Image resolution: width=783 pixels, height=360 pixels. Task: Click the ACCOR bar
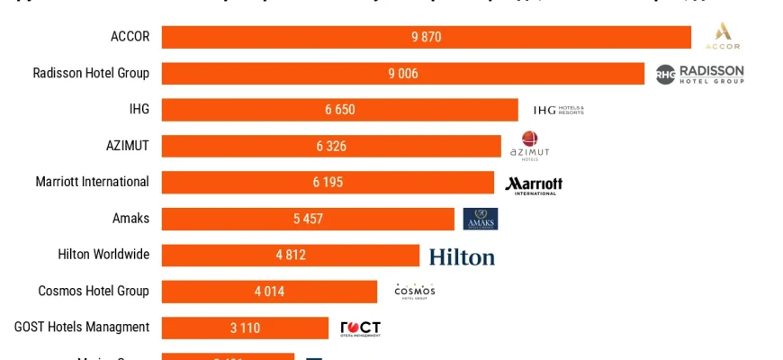coord(426,37)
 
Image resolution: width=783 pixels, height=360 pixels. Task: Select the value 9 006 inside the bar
coord(403,74)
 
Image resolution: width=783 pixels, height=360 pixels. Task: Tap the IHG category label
coord(139,109)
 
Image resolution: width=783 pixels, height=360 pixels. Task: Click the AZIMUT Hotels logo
coord(529,146)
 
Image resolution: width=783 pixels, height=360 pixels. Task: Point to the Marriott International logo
coord(534,184)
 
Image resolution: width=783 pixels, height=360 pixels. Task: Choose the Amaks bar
coord(308,219)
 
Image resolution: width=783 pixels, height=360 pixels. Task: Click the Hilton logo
coord(462,256)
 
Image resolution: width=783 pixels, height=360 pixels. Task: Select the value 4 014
coord(269,292)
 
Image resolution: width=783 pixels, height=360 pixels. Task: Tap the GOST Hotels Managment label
coord(82,327)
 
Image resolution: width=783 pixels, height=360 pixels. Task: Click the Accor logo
coord(723,37)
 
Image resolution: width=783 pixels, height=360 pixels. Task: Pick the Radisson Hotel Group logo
coord(699,74)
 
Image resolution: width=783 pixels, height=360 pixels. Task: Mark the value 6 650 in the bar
coord(340,110)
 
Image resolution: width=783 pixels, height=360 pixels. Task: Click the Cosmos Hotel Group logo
coord(414,291)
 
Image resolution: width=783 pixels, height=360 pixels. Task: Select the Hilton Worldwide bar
coord(290,255)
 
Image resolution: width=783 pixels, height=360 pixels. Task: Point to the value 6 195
coord(328,183)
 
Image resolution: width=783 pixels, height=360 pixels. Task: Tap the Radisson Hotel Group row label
coord(91,73)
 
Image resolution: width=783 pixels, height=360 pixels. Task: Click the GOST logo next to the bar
coord(360,328)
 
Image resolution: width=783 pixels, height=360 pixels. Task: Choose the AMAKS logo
coord(480,219)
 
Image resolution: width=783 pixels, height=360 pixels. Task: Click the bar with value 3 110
coord(245,328)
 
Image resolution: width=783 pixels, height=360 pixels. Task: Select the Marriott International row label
coord(92,182)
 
